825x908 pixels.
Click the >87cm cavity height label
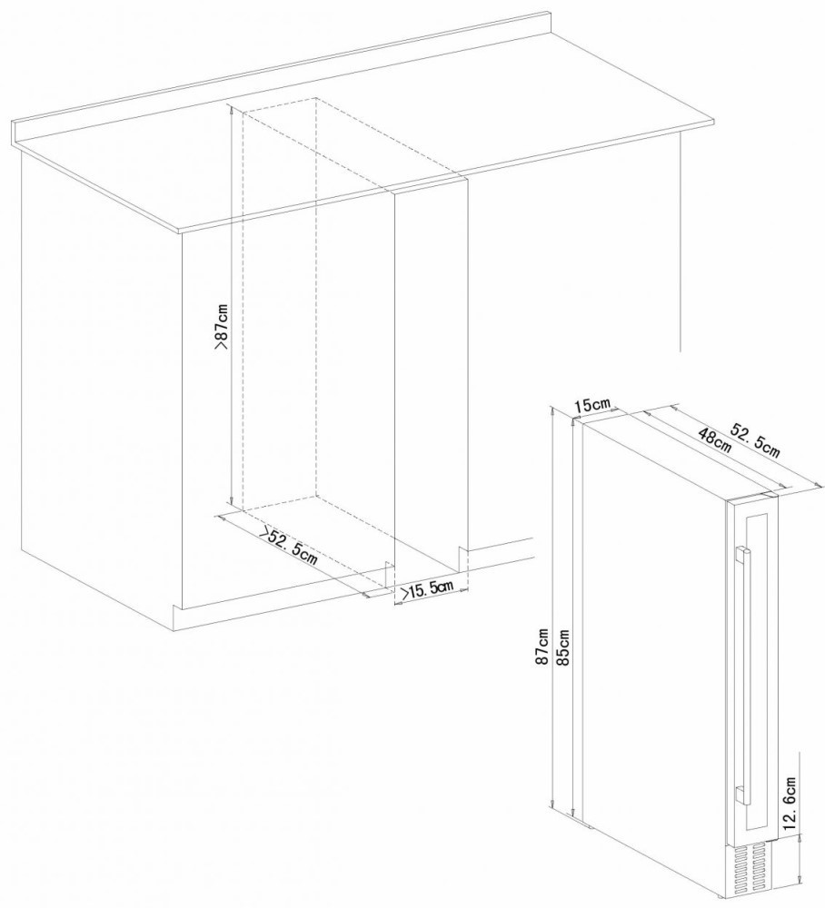point(222,329)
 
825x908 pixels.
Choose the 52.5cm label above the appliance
point(754,440)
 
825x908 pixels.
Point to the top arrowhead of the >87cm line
point(230,109)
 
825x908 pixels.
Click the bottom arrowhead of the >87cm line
point(230,501)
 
